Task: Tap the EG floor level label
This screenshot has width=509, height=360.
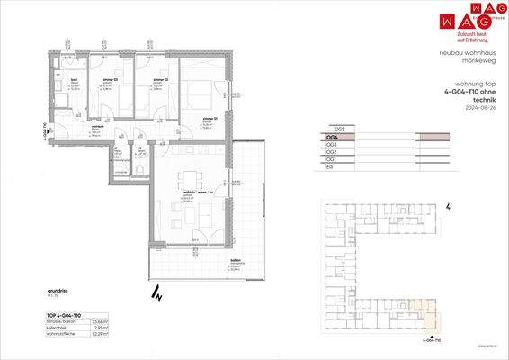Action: [330, 166]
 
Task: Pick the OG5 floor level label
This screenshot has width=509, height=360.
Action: [338, 128]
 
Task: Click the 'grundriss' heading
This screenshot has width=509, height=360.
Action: [58, 291]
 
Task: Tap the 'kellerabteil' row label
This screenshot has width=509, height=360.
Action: [58, 328]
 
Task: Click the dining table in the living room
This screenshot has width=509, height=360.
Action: [189, 177]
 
